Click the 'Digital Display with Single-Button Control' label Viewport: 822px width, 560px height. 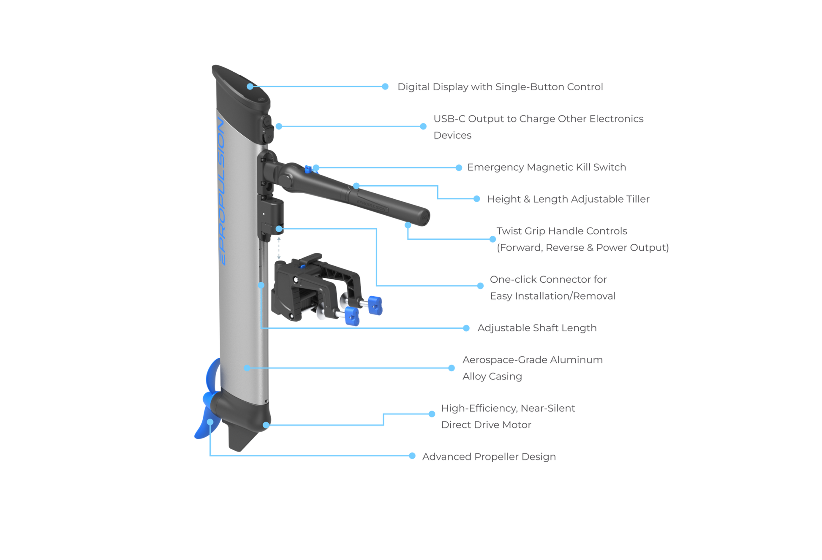point(501,87)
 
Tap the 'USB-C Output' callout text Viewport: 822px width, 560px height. point(539,119)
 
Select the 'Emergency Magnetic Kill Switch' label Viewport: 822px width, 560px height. point(547,168)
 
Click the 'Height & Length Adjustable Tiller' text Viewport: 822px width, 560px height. point(568,199)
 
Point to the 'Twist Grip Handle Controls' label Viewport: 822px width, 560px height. point(562,231)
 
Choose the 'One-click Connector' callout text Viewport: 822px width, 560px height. point(548,279)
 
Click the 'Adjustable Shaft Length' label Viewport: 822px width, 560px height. point(536,328)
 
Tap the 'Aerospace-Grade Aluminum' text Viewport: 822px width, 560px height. point(532,360)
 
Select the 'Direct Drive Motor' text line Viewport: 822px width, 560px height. point(486,425)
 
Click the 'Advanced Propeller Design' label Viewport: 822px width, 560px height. point(489,457)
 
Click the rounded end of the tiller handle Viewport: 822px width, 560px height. point(422,216)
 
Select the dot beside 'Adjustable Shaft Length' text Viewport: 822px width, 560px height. point(466,328)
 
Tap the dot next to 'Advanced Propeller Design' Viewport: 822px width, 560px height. point(412,456)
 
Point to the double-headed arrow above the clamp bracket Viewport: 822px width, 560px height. point(279,248)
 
